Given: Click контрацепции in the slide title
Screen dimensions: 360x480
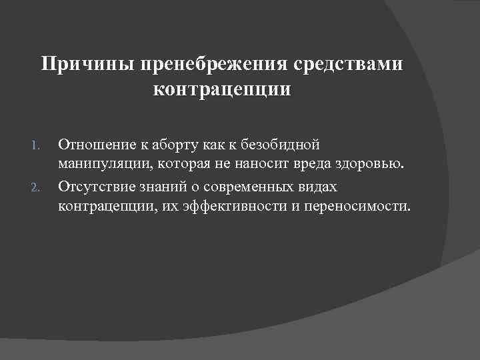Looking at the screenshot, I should pos(222,89).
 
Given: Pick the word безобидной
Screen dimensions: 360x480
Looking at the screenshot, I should pos(285,144).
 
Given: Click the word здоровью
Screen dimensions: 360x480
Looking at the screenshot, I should pos(376,165).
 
